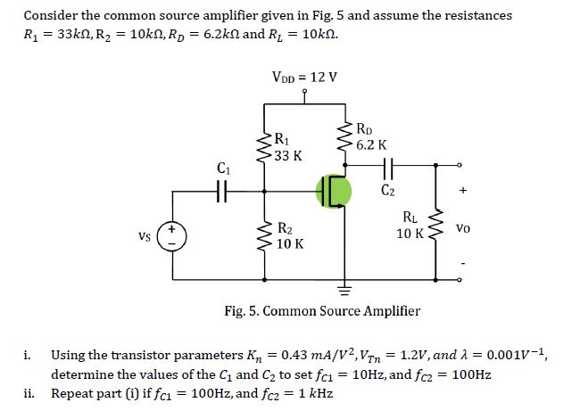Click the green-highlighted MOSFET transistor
point(334,191)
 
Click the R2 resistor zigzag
point(265,234)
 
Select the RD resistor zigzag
point(343,136)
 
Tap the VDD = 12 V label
point(304,76)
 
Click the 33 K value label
point(287,156)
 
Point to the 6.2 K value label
point(371,144)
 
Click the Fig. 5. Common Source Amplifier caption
point(322,311)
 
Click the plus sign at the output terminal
point(462,190)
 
